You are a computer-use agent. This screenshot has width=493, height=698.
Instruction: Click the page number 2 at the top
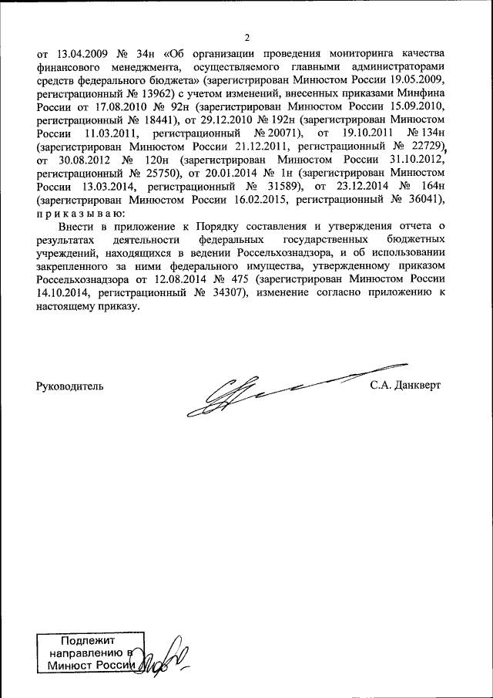click(x=247, y=38)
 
